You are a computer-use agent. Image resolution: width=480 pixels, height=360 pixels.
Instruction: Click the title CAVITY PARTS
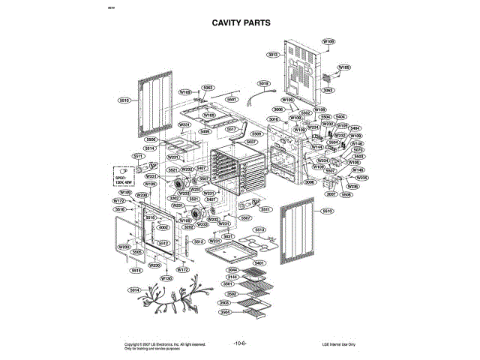pyautogui.click(x=240, y=23)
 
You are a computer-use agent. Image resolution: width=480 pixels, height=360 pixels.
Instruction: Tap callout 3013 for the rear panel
pyautogui.click(x=274, y=55)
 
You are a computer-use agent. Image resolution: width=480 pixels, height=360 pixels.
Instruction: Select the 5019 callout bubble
pyautogui.click(x=263, y=83)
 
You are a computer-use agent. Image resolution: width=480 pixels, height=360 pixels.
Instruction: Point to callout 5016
pyautogui.click(x=273, y=119)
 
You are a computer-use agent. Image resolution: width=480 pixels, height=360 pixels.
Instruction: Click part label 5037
pyautogui.click(x=251, y=142)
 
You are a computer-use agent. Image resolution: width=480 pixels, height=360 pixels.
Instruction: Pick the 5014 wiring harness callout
pyautogui.click(x=134, y=290)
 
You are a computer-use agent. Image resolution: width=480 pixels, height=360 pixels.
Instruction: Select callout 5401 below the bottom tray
pyautogui.click(x=259, y=263)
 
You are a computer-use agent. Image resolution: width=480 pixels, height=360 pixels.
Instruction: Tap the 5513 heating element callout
pyautogui.click(x=259, y=229)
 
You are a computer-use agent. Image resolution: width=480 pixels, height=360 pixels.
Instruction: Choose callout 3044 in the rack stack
pyautogui.click(x=232, y=270)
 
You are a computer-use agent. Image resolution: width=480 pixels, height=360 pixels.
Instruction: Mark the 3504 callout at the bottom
pyautogui.click(x=225, y=312)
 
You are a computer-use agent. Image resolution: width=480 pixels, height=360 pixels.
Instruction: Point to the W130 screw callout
pyautogui.click(x=166, y=278)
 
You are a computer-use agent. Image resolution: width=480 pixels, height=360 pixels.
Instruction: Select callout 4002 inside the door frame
pyautogui.click(x=163, y=227)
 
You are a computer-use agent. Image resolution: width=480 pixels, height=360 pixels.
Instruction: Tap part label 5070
pyautogui.click(x=358, y=149)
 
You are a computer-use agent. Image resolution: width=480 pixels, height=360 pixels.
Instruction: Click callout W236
pyautogui.click(x=352, y=186)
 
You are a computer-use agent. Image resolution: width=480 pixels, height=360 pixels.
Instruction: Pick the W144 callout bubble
pyautogui.click(x=317, y=147)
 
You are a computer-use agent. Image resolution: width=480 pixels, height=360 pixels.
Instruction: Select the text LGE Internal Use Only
pyautogui.click(x=339, y=344)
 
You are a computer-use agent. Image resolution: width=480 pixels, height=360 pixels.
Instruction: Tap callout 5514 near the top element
pyautogui.click(x=150, y=148)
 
